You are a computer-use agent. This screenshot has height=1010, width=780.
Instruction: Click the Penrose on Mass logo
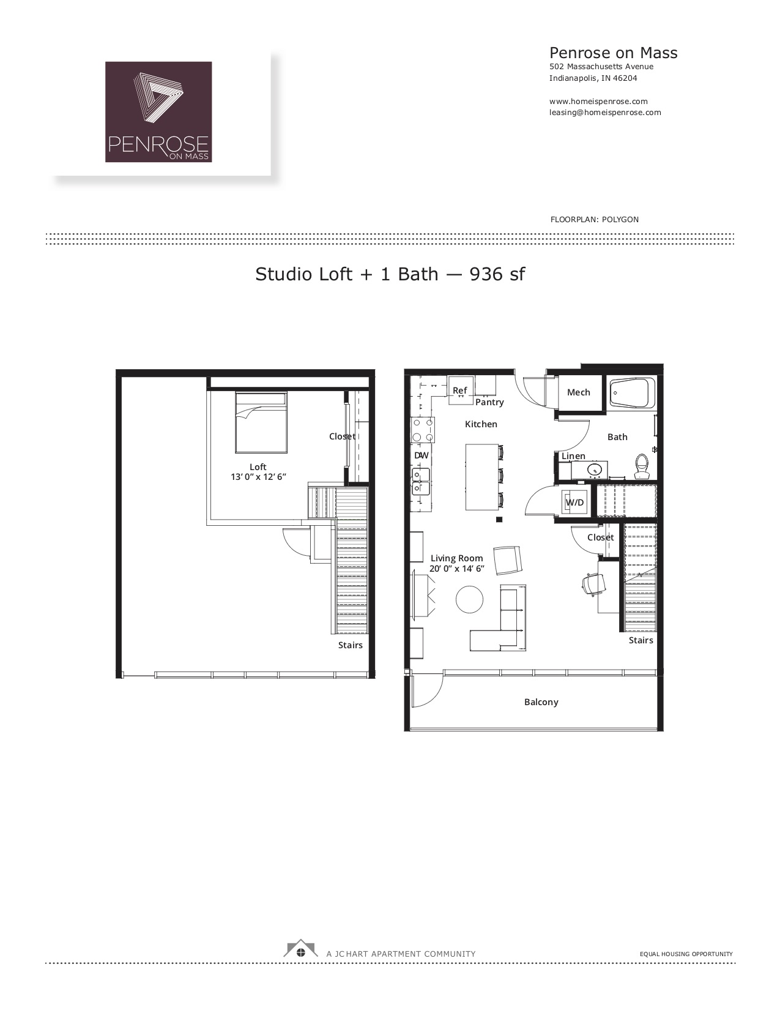[x=158, y=112]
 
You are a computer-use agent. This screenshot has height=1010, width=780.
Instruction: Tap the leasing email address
[x=605, y=113]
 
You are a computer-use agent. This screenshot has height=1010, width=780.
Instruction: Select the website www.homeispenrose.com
[x=598, y=102]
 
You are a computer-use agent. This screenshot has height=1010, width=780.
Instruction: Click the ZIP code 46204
[x=625, y=78]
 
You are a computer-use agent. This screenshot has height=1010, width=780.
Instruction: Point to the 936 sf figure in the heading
[x=497, y=274]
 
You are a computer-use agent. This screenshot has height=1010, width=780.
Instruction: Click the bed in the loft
[x=261, y=422]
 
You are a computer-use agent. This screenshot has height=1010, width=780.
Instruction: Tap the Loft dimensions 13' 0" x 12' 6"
[x=258, y=477]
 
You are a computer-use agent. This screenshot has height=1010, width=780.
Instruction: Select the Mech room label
[x=578, y=392]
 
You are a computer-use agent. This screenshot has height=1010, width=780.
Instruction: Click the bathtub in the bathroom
[x=633, y=394]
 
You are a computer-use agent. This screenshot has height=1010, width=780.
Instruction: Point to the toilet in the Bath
[x=642, y=467]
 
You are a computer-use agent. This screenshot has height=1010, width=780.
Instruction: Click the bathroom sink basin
[x=595, y=469]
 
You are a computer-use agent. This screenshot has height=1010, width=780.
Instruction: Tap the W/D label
[x=574, y=503]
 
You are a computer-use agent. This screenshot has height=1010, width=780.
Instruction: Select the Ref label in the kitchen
[x=460, y=391]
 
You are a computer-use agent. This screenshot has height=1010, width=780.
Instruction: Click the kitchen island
[x=482, y=477]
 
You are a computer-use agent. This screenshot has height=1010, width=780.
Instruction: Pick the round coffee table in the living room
[x=469, y=600]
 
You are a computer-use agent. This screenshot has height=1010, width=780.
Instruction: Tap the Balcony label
[x=541, y=702]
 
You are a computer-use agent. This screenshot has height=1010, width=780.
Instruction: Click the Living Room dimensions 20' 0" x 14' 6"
[x=457, y=569]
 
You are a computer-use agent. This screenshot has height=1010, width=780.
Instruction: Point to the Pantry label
[x=489, y=402]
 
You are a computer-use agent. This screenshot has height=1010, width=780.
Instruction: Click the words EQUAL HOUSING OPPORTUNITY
[x=686, y=954]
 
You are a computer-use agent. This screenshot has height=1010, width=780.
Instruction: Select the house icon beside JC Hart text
[x=300, y=949]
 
